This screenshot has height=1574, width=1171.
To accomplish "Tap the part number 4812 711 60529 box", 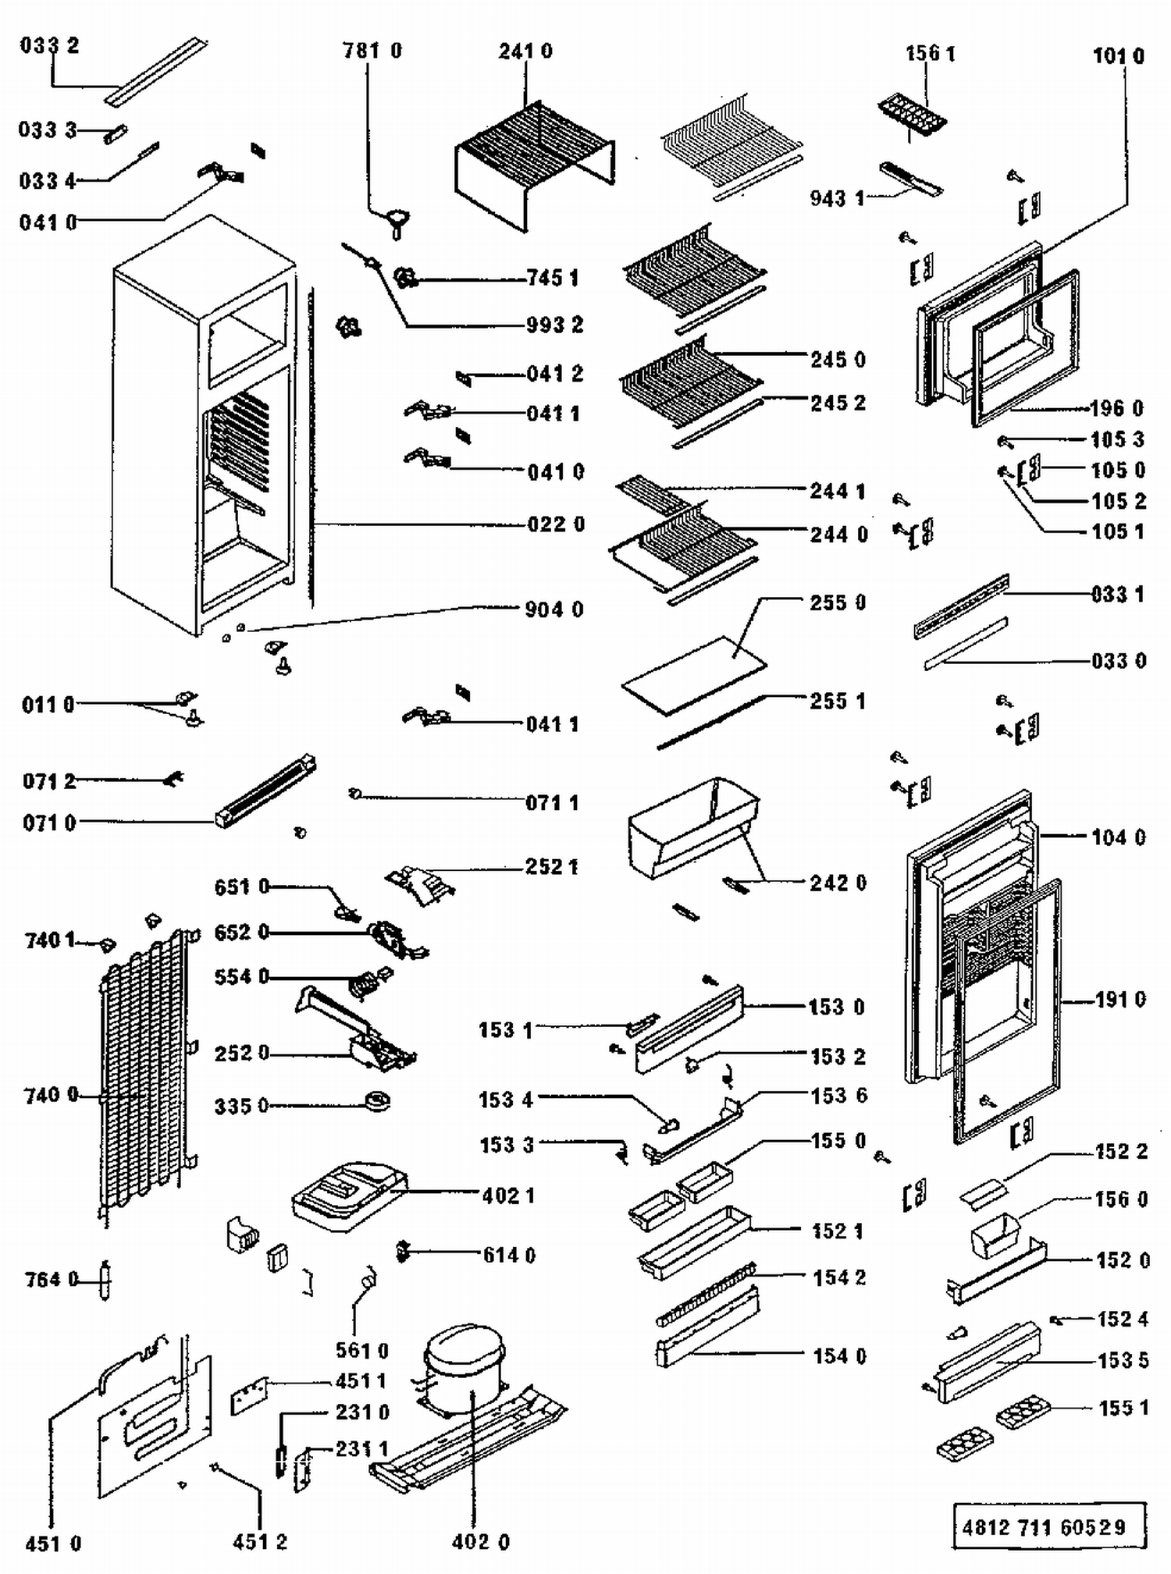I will tap(1048, 1526).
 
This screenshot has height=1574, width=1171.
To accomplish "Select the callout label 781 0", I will tap(372, 51).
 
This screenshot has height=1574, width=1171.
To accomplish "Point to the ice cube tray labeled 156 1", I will tap(912, 115).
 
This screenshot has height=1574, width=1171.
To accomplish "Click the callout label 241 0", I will tap(525, 52).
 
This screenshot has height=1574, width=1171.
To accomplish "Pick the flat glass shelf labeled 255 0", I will tap(693, 673).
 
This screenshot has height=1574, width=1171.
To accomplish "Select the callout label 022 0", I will tap(556, 524).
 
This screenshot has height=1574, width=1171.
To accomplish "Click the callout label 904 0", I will tap(554, 609).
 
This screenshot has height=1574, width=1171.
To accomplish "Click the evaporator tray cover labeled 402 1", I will tap(348, 1195).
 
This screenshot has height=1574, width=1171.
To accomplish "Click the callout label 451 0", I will tap(53, 1544).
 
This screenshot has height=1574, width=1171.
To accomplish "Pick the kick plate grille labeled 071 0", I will tap(266, 792).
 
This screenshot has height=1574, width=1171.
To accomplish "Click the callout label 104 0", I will tap(1118, 837).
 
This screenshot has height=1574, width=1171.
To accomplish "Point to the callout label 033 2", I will tap(49, 45).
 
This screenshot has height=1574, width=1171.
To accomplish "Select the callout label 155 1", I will tap(1123, 1408).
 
